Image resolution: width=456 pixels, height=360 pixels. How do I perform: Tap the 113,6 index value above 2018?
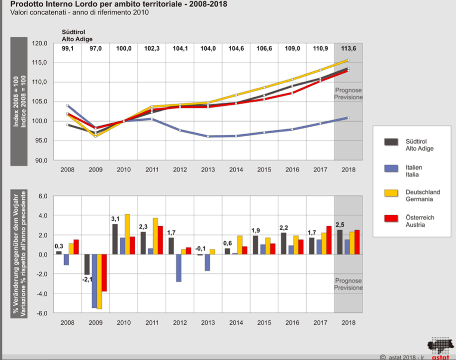pos(348,48)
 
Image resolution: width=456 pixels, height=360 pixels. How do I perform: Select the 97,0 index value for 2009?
pos(95,48)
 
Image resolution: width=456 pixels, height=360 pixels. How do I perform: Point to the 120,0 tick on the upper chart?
pos(39,44)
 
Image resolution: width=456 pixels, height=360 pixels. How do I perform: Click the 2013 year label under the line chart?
pos(207,170)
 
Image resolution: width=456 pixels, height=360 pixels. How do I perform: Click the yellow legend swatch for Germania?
pos(391,195)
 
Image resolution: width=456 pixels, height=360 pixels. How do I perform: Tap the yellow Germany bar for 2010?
pos(127,234)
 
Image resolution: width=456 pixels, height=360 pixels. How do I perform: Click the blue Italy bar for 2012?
pos(178,268)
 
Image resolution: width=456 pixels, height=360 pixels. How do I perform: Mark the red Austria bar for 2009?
pos(104,273)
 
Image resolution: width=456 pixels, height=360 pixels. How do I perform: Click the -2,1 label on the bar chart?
pos(88,280)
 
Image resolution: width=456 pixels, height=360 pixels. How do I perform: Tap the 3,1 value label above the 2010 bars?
pos(115,219)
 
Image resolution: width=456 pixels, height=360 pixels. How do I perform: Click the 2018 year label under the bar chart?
pos(348,323)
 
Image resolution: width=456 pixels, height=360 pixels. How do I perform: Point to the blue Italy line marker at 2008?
pos(68,106)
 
